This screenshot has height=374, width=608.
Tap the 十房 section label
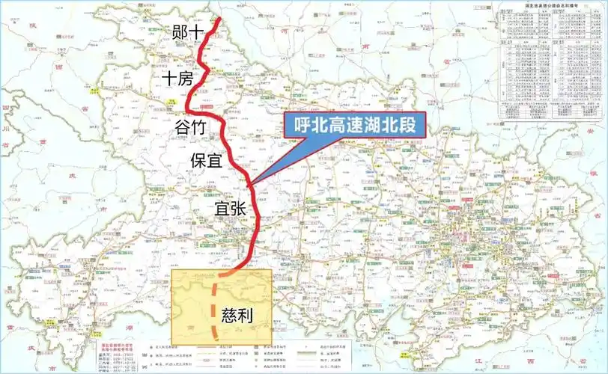[x=177, y=79]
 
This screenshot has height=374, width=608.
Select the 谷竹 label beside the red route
[x=189, y=126]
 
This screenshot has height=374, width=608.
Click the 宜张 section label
[x=230, y=208]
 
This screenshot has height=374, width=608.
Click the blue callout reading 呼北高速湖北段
[x=354, y=124]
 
